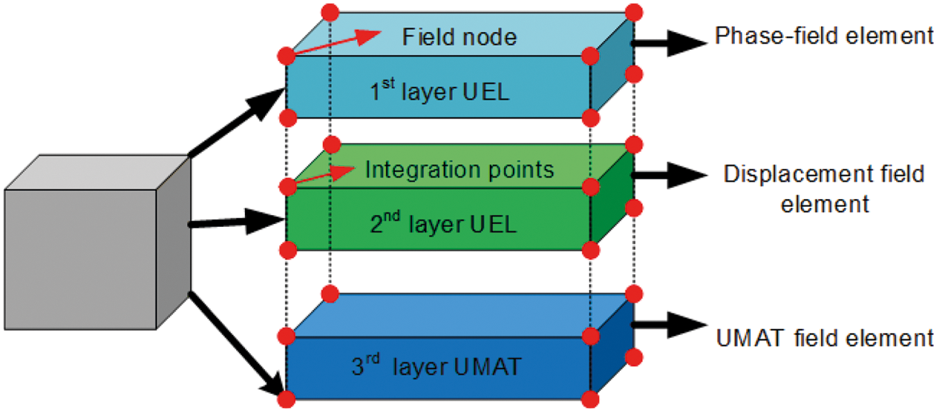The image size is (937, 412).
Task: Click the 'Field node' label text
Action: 459,36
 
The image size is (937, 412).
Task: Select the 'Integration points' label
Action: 459,169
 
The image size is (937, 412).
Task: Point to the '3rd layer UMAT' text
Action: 436,366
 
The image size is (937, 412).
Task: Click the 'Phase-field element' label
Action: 825,36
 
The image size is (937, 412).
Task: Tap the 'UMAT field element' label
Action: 824,338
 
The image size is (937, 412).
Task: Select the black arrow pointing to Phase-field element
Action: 670,42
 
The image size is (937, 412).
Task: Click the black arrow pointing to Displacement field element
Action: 670,176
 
